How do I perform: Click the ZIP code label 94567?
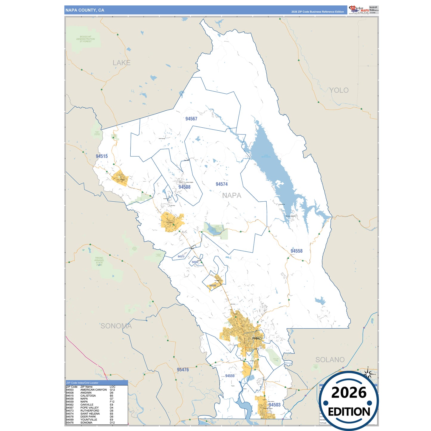click(191, 119)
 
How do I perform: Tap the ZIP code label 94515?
click(102, 156)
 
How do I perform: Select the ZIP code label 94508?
click(184, 187)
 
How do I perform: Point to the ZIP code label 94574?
click(222, 184)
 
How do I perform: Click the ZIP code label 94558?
click(296, 251)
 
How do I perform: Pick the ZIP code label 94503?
click(274, 405)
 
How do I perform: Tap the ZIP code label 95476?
click(183, 370)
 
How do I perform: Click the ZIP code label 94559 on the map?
click(230, 376)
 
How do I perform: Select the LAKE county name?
click(121, 63)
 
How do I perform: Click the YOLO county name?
click(339, 90)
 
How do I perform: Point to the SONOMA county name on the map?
click(116, 326)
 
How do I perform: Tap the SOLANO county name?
click(330, 360)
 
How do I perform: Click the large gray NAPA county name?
click(232, 196)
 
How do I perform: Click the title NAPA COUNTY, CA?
click(85, 10)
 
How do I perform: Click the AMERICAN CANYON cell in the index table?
click(93, 390)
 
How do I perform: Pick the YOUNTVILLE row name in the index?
click(89, 420)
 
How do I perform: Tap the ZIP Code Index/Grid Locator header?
click(82, 383)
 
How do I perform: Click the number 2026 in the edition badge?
click(349, 393)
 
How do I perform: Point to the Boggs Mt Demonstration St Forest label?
click(86, 39)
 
